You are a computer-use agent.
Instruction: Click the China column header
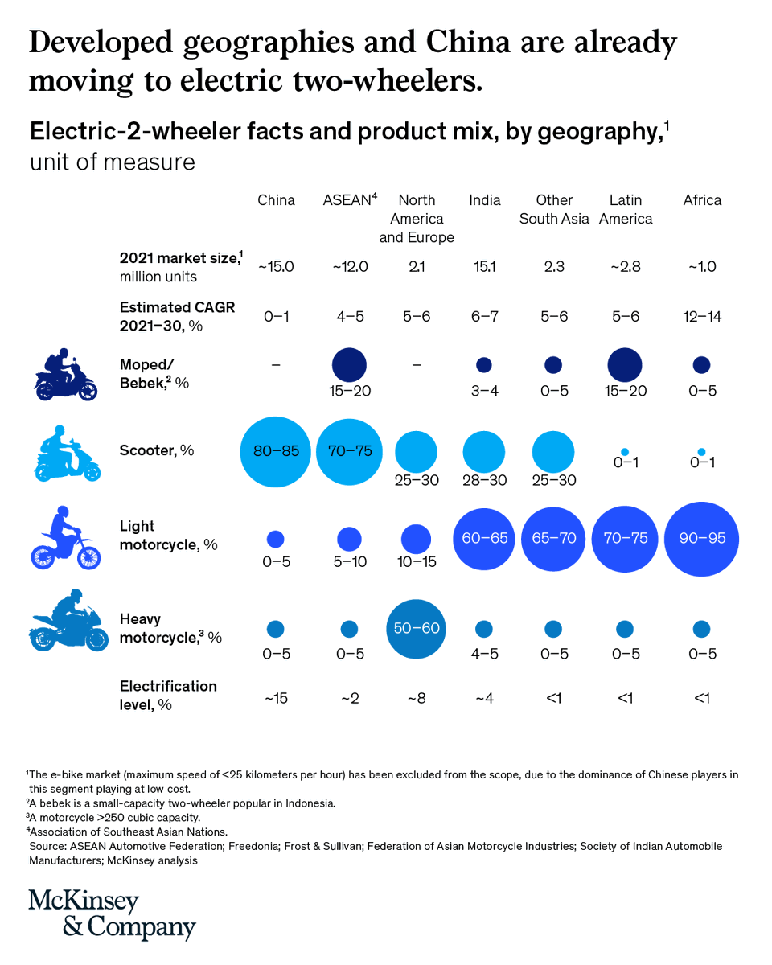276,200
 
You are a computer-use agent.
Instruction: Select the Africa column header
702,200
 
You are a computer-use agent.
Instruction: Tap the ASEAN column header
349,200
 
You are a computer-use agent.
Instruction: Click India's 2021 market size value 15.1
483,267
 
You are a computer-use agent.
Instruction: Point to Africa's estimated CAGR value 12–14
702,317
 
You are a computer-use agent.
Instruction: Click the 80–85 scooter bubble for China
276,451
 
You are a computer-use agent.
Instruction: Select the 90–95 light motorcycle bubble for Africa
702,538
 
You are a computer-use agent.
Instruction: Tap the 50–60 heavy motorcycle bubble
416,628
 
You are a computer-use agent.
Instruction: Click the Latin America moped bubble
625,365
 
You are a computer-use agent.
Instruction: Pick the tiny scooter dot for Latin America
625,453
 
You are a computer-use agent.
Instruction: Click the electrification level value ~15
276,698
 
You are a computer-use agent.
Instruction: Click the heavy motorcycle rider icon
68,622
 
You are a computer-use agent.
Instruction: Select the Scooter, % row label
156,450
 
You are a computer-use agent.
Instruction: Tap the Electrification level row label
167,695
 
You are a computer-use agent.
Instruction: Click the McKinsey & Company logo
112,914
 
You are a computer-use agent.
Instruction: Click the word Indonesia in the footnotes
302,803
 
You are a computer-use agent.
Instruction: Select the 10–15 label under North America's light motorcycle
416,562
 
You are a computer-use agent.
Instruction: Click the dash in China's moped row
276,365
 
